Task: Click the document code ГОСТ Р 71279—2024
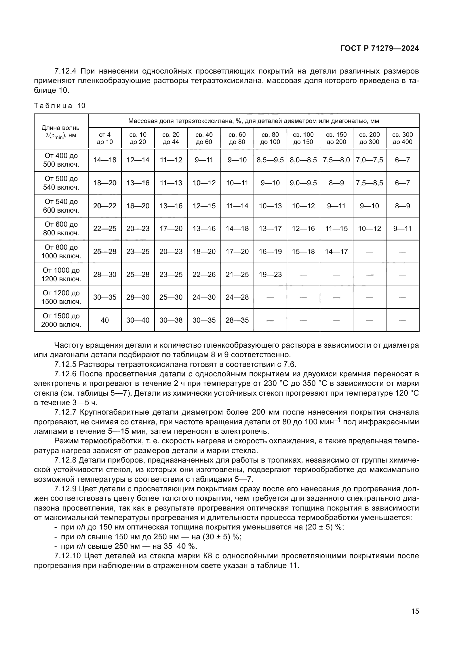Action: point(380,48)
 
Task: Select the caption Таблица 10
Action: point(60,106)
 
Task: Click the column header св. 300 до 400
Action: point(402,138)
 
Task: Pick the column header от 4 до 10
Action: point(105,138)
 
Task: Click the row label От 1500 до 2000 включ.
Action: point(61,320)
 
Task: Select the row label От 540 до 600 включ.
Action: point(61,206)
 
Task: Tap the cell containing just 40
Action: point(105,320)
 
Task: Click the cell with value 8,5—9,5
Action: point(270,160)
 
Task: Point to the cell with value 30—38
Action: point(171,320)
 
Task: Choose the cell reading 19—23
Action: point(270,275)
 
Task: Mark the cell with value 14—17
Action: point(336,251)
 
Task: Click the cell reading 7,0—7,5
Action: point(369,160)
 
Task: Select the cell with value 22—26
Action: point(204,275)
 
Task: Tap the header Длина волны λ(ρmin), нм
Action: point(61,131)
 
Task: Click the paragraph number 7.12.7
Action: point(65,412)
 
